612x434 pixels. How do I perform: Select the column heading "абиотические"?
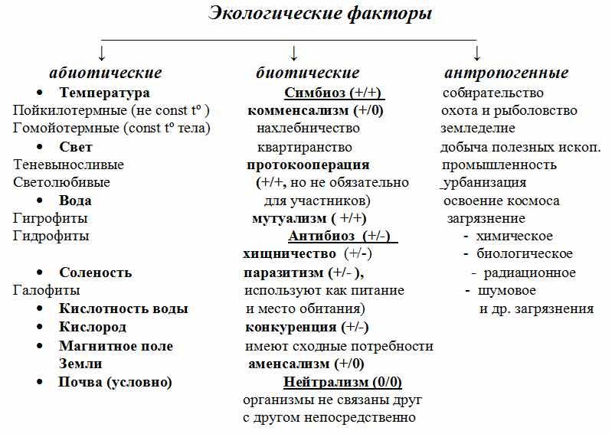click(106, 73)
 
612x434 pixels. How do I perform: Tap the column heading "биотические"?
click(308, 73)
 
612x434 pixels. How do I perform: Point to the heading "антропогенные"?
click(506, 73)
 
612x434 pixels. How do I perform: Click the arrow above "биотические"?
click(294, 54)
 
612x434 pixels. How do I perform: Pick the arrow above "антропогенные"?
click(476, 54)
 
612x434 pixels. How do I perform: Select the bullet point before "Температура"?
click(39, 93)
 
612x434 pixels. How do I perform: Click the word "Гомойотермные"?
click(66, 128)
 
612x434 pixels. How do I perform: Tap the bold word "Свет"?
click(76, 147)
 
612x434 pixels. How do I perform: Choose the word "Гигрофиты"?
click(51, 218)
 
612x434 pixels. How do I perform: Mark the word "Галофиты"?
click(47, 291)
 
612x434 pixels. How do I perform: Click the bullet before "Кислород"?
click(39, 327)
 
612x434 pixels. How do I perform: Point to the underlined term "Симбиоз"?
click(315, 93)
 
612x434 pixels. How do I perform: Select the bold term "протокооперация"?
click(309, 165)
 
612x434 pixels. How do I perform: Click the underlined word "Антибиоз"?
click(322, 236)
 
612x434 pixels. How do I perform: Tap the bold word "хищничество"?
click(290, 254)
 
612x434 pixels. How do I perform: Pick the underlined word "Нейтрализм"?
click(326, 382)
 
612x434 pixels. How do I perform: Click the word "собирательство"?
click(493, 93)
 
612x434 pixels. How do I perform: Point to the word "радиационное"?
click(529, 273)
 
